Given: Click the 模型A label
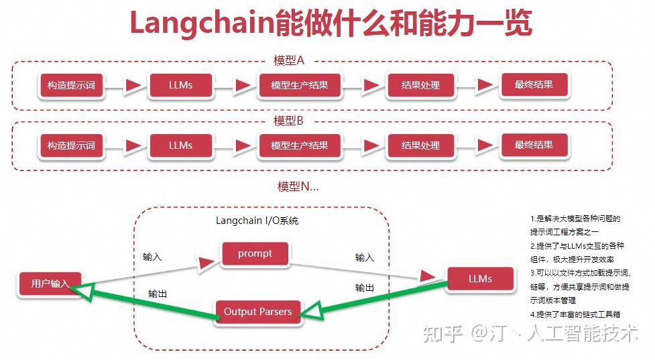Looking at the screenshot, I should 289,60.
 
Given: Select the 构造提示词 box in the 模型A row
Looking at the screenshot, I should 71,86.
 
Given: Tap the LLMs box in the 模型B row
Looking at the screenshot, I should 180,145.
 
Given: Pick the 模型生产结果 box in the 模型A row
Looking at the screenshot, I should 300,86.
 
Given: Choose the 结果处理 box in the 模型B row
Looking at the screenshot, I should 420,145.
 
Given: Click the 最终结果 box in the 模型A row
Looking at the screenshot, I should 534,85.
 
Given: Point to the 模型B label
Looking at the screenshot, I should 289,121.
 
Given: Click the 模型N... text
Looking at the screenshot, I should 298,186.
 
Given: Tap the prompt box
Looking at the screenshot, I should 255,253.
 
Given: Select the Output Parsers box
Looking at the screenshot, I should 257,312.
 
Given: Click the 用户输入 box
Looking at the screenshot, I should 50,283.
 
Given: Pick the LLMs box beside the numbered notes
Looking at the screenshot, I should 480,279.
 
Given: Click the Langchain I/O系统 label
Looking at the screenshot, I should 257,221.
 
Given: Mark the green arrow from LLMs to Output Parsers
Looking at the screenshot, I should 375,299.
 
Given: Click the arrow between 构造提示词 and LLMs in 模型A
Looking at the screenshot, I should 132,86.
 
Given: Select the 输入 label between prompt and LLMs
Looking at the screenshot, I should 365,257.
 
